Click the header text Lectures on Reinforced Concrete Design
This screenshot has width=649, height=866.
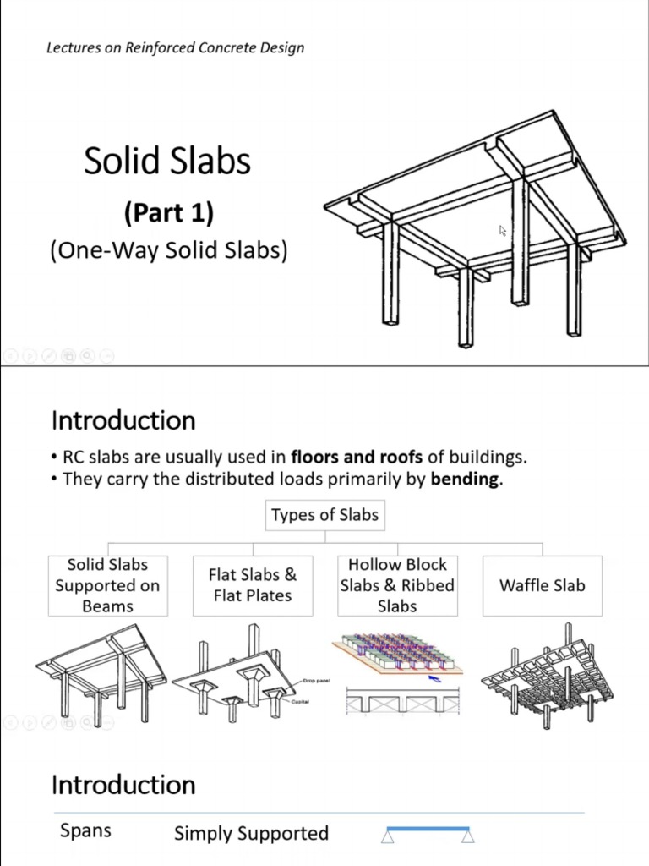point(175,47)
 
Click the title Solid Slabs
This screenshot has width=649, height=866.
point(167,161)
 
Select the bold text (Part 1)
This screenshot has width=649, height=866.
point(168,212)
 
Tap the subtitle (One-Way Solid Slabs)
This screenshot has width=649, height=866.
point(168,251)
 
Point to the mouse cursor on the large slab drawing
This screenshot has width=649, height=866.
point(503,230)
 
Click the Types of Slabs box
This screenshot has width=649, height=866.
point(324,515)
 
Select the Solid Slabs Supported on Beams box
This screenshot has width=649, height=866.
point(107,585)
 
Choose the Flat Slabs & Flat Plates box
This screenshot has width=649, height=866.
point(253,585)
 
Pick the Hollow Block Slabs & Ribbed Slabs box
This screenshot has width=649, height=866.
point(397,585)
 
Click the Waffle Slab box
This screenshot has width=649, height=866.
point(542,585)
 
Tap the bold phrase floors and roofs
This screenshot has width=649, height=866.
point(357,458)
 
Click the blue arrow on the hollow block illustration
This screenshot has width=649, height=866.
point(434,677)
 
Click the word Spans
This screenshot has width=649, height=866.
point(85,830)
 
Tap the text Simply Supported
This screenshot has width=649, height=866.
point(251,833)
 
